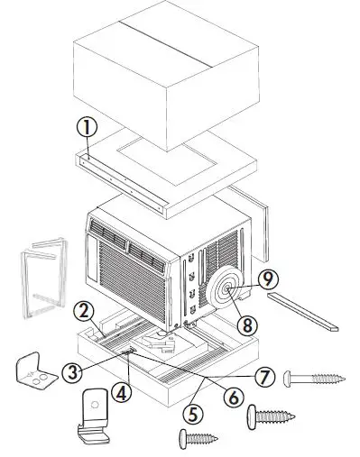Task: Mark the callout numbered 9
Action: [x=267, y=279]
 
